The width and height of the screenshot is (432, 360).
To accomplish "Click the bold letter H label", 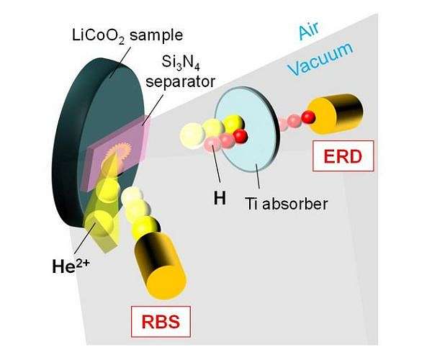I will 219,195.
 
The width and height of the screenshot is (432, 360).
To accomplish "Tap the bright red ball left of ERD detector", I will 310,117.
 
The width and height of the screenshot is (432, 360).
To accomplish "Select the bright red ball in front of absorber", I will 240,135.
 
